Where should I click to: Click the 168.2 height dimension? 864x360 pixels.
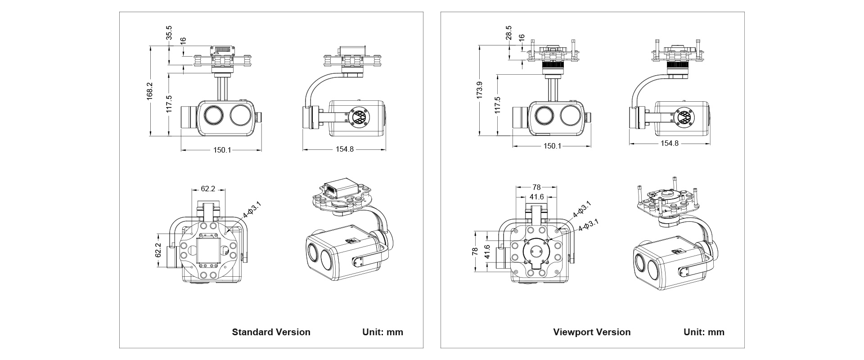point(150,90)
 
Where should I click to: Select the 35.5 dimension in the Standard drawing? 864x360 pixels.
point(169,33)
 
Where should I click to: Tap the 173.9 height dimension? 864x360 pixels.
point(480,90)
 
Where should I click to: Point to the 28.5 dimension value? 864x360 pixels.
point(509,33)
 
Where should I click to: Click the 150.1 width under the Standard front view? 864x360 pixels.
point(222,150)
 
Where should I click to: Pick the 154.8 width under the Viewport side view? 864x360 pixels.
point(670,143)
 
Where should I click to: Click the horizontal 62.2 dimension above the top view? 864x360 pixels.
point(208,189)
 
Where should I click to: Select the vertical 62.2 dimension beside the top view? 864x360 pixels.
point(158,250)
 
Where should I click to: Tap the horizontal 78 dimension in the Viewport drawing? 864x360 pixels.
point(536,187)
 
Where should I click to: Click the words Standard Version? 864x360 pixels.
point(271,332)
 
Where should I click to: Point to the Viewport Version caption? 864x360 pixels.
point(592,332)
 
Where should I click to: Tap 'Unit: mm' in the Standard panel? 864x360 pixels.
point(382,332)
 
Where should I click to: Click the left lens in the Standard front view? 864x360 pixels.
point(212,115)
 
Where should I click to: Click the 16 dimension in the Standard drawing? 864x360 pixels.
point(183,40)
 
